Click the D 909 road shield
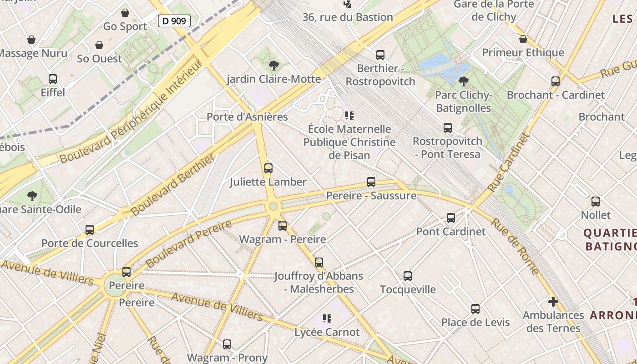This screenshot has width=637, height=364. pyautogui.click(x=174, y=20)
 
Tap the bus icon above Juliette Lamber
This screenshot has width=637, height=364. pyautogui.click(x=268, y=168)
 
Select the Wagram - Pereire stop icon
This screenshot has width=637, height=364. pyautogui.click(x=283, y=226)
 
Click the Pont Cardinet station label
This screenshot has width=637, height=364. pyautogui.click(x=451, y=231)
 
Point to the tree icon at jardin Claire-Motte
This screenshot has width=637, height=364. pyautogui.click(x=273, y=66)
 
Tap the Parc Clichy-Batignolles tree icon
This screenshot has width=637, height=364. pyautogui.click(x=464, y=82)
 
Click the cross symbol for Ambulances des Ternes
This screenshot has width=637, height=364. pyautogui.click(x=553, y=302)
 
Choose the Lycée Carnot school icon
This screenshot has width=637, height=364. pyautogui.click(x=327, y=318)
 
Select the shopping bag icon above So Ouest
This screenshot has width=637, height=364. pyautogui.click(x=99, y=45)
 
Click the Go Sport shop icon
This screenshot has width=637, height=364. pyautogui.click(x=125, y=13)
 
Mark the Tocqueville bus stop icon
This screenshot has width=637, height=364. pyautogui.click(x=408, y=276)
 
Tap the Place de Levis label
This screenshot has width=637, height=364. pyautogui.click(x=475, y=322)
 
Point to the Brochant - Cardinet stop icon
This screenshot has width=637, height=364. pyautogui.click(x=556, y=81)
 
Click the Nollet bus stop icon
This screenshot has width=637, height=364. pyautogui.click(x=596, y=202)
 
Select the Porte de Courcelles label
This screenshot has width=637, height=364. pyautogui.click(x=90, y=243)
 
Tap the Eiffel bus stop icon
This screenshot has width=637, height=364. pyautogui.click(x=53, y=79)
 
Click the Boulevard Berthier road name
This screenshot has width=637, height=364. pyautogui.click(x=173, y=185)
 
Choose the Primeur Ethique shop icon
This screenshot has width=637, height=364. pyautogui.click(x=523, y=39)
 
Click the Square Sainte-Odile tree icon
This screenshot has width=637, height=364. pyautogui.click(x=32, y=196)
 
